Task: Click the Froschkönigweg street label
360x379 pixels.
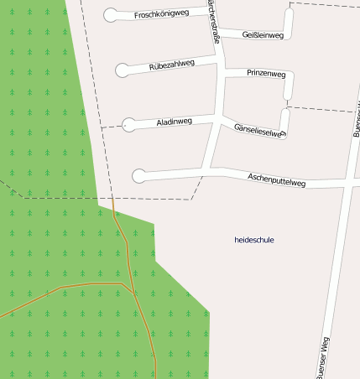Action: pyautogui.click(x=161, y=14)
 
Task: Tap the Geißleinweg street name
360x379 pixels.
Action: pyautogui.click(x=263, y=35)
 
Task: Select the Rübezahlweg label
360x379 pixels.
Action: pyautogui.click(x=178, y=65)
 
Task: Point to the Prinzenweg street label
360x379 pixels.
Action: pyautogui.click(x=266, y=74)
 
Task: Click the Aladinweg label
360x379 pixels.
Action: pyautogui.click(x=175, y=122)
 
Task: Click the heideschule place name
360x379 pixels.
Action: pyautogui.click(x=254, y=240)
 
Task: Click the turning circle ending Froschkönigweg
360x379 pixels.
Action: pyautogui.click(x=111, y=14)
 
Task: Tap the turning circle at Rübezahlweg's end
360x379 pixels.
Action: pyautogui.click(x=123, y=70)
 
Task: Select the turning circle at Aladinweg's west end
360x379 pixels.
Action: pyautogui.click(x=128, y=125)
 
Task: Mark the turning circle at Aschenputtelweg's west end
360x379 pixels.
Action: pyautogui.click(x=138, y=175)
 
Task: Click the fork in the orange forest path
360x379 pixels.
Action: pyautogui.click(x=124, y=283)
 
